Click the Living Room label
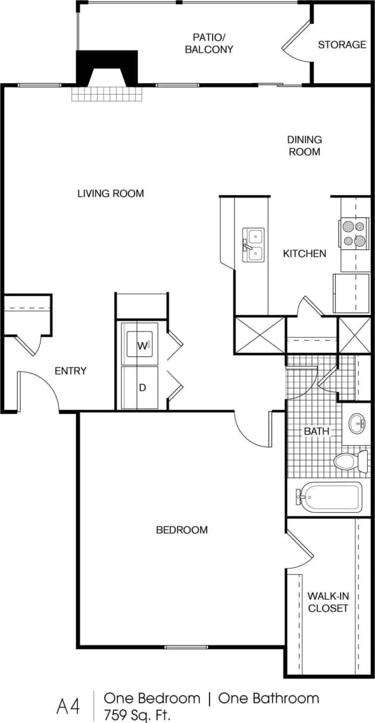(111, 193)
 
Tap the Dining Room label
(304, 145)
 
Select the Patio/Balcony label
(208, 43)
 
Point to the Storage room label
(342, 45)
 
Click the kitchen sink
(254, 245)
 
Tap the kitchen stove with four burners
(353, 233)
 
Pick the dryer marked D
(140, 387)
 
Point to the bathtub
(330, 496)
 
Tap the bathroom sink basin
(357, 424)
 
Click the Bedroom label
(182, 530)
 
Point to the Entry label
(70, 371)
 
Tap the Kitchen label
(304, 253)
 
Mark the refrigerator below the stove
(351, 293)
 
